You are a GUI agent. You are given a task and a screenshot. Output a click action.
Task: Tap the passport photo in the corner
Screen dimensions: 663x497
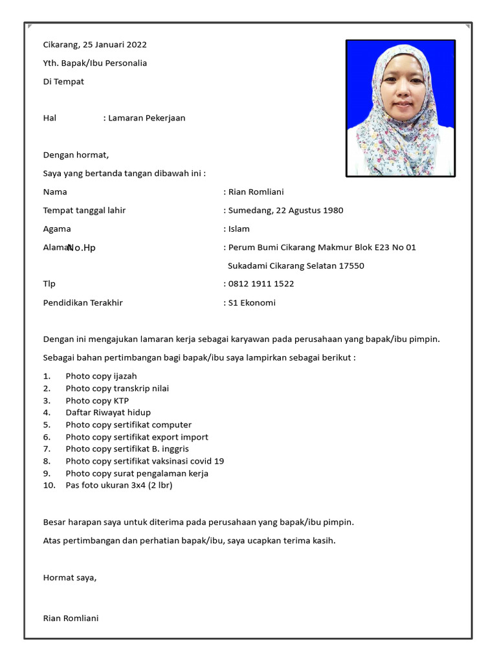(401, 108)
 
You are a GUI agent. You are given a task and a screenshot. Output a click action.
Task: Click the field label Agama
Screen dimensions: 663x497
(57, 229)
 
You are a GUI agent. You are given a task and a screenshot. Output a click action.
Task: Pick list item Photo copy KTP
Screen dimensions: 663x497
(97, 401)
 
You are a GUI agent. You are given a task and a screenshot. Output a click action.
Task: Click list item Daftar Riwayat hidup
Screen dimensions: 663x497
(108, 412)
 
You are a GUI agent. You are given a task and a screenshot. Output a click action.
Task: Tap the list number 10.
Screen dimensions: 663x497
(49, 485)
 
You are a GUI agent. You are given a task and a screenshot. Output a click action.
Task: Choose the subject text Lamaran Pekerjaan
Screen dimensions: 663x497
(147, 118)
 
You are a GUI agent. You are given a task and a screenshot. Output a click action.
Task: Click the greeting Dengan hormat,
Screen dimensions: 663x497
(76, 155)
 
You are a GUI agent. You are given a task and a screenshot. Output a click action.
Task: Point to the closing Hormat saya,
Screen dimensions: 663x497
(70, 578)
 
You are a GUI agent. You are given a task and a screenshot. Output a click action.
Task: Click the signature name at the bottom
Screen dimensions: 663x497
(71, 618)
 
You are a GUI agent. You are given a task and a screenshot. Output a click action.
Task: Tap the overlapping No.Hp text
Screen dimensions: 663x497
(82, 248)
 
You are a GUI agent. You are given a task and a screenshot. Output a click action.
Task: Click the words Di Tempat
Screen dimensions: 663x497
(63, 82)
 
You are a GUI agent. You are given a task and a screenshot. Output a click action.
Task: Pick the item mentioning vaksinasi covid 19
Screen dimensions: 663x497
(144, 461)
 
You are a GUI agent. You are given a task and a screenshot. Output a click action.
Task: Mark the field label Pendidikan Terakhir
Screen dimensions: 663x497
(83, 302)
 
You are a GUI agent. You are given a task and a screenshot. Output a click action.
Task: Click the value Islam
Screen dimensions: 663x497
(239, 229)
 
